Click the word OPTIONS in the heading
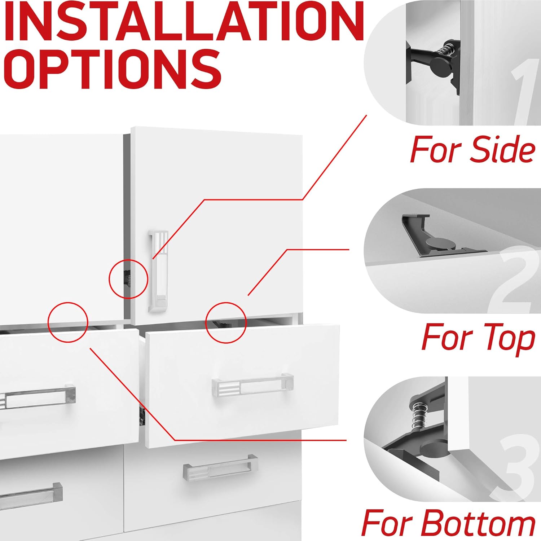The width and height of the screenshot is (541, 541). (113, 69)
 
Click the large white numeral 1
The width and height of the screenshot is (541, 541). (523, 92)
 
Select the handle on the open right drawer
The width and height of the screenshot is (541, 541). (252, 387)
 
